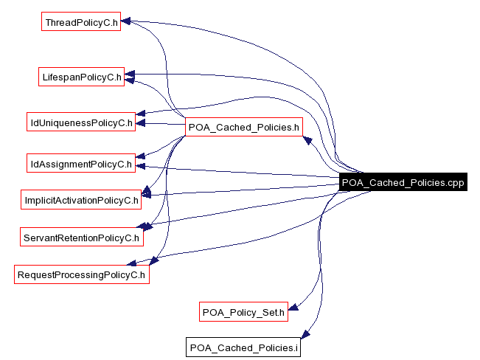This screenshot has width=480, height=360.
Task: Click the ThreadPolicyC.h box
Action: [x=81, y=22]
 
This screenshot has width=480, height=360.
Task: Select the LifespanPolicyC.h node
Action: [x=82, y=76]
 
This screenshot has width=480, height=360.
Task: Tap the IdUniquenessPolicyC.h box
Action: [x=80, y=122]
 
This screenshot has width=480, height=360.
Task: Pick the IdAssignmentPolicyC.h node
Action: [x=80, y=163]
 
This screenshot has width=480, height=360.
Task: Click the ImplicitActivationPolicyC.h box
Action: [x=81, y=199]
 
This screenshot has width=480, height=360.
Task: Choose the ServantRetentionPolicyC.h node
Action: [x=81, y=238]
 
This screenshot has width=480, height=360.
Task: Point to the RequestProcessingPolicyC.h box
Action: [x=82, y=275]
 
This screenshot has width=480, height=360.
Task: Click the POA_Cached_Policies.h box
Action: [x=243, y=127]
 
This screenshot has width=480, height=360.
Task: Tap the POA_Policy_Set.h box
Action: [x=243, y=311]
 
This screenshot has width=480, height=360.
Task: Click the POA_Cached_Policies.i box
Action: [x=243, y=347]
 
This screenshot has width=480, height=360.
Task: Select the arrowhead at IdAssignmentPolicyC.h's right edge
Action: [x=141, y=166]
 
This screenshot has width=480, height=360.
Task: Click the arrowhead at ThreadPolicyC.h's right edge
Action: [x=126, y=22]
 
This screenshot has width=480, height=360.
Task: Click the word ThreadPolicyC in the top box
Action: [x=77, y=22]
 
